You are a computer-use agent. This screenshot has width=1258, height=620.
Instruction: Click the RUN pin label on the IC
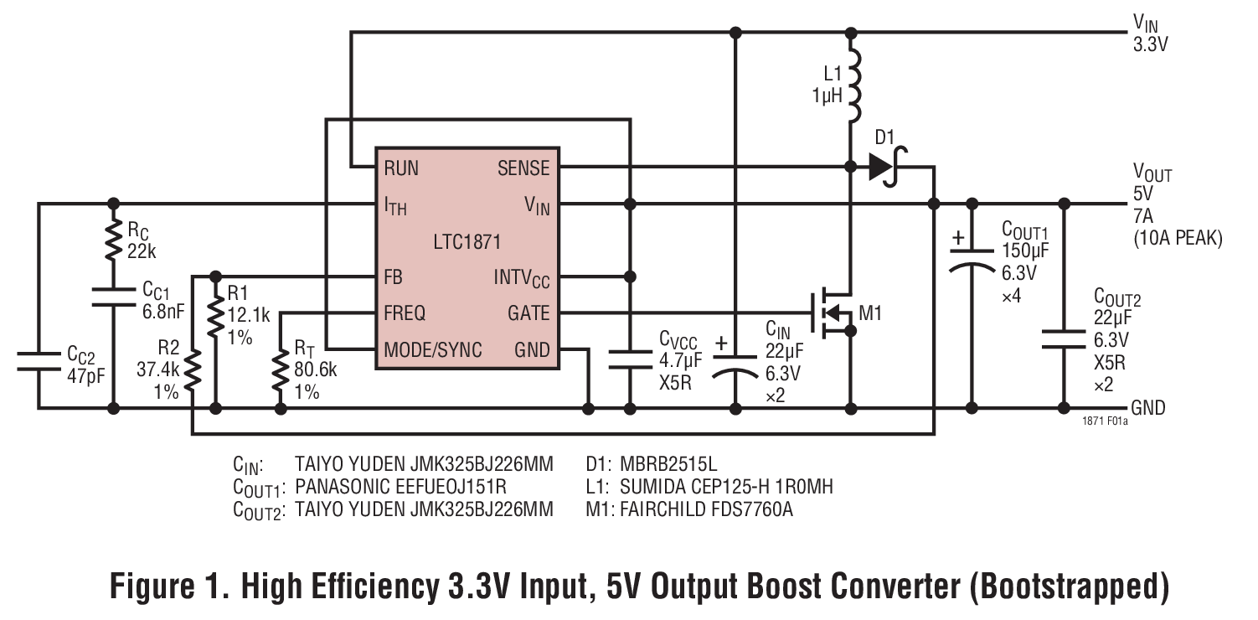(x=401, y=168)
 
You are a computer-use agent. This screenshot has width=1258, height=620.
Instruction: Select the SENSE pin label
(x=523, y=168)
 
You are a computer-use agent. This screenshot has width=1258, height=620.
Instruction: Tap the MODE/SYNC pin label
(x=432, y=349)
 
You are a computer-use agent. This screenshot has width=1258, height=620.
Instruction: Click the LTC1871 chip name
(x=467, y=243)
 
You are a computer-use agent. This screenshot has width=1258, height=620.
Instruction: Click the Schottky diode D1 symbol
(x=883, y=168)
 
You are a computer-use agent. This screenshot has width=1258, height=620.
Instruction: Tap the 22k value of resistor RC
(x=143, y=251)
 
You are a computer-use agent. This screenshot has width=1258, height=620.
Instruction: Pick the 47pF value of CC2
(x=86, y=374)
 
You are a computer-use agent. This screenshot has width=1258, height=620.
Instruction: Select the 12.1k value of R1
(x=249, y=314)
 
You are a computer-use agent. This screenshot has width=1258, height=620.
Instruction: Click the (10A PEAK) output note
(x=1178, y=239)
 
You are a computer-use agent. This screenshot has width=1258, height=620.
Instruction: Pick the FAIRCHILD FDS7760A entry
(x=706, y=509)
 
